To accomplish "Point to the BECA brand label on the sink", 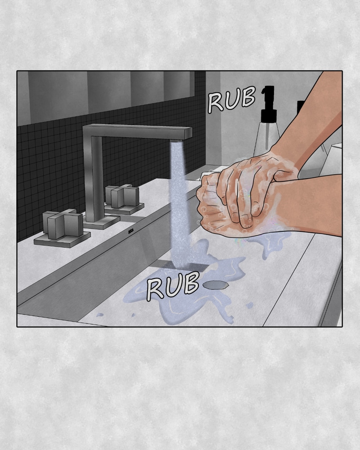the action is click(x=131, y=231).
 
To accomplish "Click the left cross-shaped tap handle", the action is click(x=63, y=224).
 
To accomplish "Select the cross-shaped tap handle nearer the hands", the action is click(x=122, y=196).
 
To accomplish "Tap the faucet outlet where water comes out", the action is click(x=176, y=140).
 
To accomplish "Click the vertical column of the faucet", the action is click(x=94, y=178).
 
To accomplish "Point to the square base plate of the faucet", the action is click(x=102, y=221).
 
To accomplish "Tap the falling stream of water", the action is click(x=179, y=204).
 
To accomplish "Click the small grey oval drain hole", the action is click(x=216, y=285).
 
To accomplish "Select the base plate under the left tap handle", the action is click(x=62, y=239).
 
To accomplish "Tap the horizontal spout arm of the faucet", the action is click(x=138, y=132).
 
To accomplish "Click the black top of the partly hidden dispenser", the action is click(x=300, y=107).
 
